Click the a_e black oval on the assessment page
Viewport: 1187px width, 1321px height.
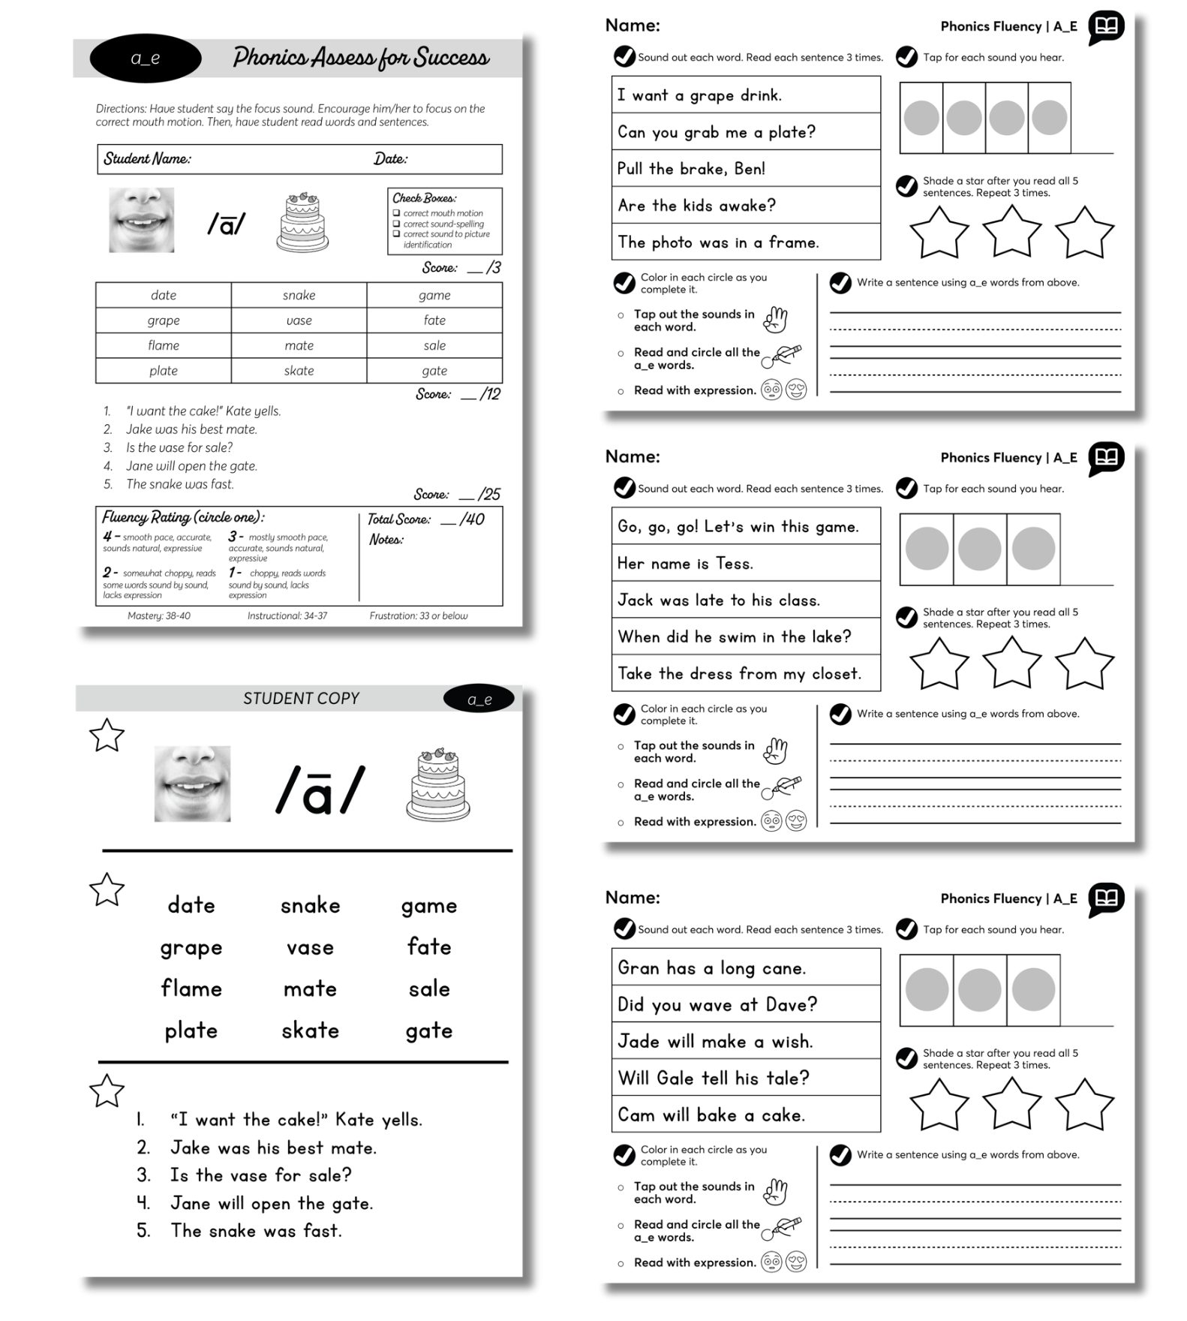[145, 58]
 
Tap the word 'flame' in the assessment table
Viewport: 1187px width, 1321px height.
[164, 345]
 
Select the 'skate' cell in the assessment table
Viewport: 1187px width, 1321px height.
[299, 371]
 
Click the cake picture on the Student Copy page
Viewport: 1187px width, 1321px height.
[437, 784]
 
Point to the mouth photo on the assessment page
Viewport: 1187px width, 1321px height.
[141, 220]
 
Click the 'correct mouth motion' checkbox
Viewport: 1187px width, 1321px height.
[397, 213]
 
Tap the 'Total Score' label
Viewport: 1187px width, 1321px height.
[398, 519]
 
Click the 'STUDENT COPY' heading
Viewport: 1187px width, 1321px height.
[301, 698]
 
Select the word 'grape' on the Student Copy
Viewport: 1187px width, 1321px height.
[191, 948]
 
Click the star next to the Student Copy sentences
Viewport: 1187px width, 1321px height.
[107, 1091]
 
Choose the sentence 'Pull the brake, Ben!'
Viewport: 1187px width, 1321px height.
[691, 169]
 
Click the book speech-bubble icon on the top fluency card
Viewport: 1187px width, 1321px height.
[1106, 27]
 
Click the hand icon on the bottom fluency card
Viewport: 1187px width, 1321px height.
[775, 1192]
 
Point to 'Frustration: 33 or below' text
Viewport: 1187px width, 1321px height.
[418, 616]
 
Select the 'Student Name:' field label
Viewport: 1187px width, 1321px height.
[147, 159]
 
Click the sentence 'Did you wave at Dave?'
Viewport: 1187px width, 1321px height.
[717, 1005]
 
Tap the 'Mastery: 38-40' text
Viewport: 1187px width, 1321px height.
[159, 616]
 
